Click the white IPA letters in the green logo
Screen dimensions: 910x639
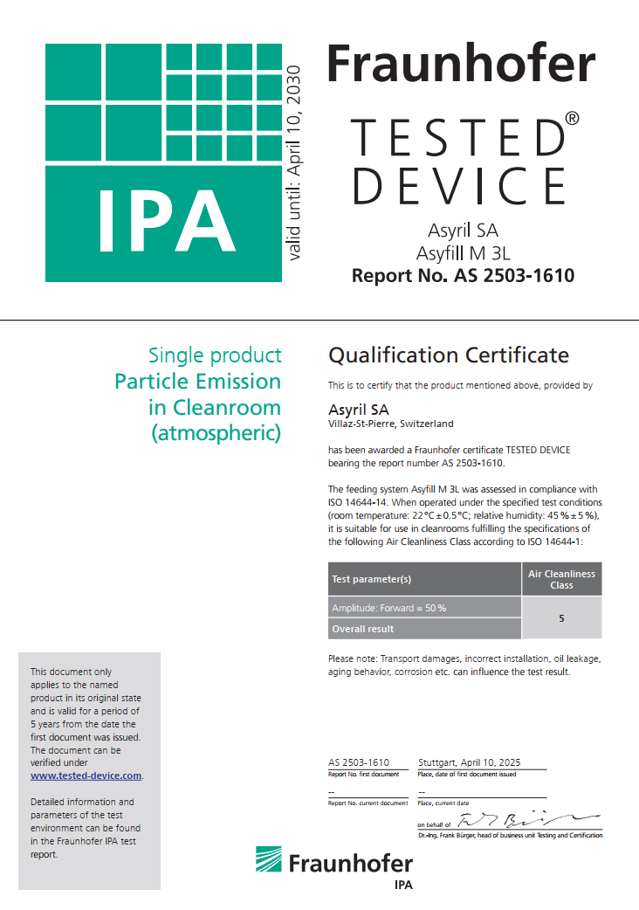(166, 217)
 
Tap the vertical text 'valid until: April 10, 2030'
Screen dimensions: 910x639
(293, 162)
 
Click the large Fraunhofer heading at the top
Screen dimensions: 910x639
(461, 65)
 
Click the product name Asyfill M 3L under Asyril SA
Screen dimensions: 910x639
(463, 253)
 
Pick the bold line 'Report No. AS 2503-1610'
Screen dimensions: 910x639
(463, 277)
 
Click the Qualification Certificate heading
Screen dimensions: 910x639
(448, 355)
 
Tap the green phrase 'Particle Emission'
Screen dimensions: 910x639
(198, 382)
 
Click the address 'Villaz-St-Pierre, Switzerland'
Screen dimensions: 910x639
(390, 424)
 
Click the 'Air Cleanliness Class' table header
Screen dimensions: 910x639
(561, 579)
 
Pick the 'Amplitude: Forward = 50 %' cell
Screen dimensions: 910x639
(388, 608)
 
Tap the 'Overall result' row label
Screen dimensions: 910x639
(362, 629)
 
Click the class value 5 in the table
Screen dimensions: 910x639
(561, 617)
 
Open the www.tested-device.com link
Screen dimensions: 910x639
(86, 776)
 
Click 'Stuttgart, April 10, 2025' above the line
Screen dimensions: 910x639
(470, 762)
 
